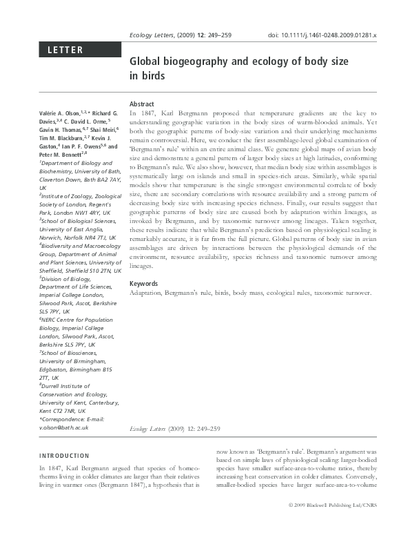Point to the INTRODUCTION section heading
pos(64,456)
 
